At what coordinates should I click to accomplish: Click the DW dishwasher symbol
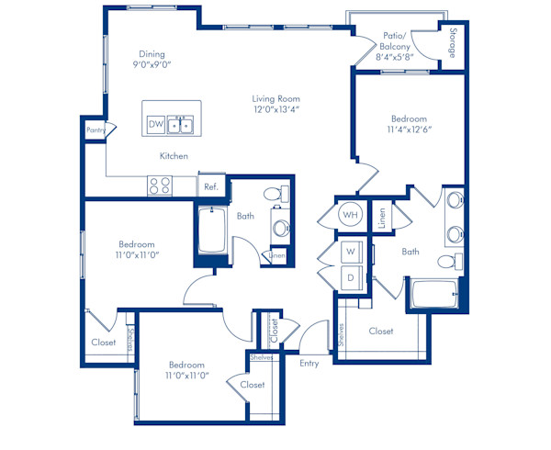pyautogui.click(x=156, y=124)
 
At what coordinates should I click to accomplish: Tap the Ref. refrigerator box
pyautogui.click(x=211, y=186)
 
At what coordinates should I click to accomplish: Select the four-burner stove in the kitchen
pyautogui.click(x=160, y=186)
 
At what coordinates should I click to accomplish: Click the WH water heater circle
pyautogui.click(x=351, y=214)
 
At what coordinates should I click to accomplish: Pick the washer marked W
pyautogui.click(x=352, y=252)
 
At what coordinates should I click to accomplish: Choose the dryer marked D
pyautogui.click(x=352, y=278)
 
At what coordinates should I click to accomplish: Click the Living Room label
pyautogui.click(x=275, y=98)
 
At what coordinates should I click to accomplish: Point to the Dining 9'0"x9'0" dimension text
pyautogui.click(x=152, y=64)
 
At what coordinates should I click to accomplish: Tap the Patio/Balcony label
pyautogui.click(x=395, y=41)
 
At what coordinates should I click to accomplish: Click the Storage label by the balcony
pyautogui.click(x=453, y=43)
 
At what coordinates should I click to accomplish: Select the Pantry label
pyautogui.click(x=96, y=130)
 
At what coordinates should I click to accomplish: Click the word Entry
pyautogui.click(x=309, y=364)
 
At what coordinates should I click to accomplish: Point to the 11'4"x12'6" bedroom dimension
pyautogui.click(x=409, y=129)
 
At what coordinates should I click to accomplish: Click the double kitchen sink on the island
pyautogui.click(x=180, y=125)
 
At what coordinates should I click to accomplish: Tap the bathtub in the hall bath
pyautogui.click(x=212, y=231)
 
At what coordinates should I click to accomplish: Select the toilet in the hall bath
pyautogui.click(x=275, y=194)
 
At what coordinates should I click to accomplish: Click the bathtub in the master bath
pyautogui.click(x=434, y=294)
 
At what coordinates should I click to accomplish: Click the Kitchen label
pyautogui.click(x=174, y=155)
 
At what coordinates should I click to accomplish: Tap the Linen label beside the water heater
pyautogui.click(x=382, y=218)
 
